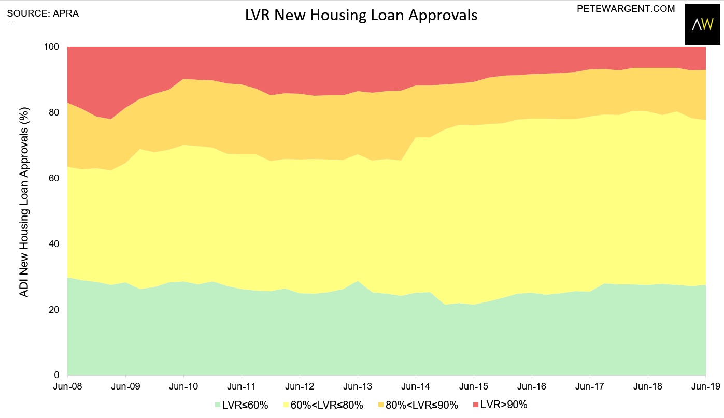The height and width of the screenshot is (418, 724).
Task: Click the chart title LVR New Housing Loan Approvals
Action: click(361, 15)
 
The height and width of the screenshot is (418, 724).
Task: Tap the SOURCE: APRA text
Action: click(43, 13)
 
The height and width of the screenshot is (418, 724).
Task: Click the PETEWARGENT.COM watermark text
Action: click(626, 9)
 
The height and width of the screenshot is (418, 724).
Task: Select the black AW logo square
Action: click(703, 24)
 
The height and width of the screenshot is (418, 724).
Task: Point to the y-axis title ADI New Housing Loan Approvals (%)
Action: click(24, 202)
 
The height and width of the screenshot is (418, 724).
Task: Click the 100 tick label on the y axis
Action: click(52, 47)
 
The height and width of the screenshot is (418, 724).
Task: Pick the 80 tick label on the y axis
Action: click(54, 112)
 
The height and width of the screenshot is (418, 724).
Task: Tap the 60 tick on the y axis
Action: click(54, 178)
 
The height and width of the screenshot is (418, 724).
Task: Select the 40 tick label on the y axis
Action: click(54, 244)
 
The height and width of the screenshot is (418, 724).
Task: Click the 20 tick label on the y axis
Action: click(54, 309)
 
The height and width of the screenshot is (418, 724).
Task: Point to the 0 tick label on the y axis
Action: click(57, 375)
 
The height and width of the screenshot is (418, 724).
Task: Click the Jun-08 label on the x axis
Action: click(67, 386)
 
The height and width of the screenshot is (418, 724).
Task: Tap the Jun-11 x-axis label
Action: click(242, 386)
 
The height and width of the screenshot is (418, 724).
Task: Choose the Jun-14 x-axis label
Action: click(416, 386)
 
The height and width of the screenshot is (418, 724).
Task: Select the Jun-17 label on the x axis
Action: click(590, 386)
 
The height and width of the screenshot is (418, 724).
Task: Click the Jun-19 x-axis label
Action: click(705, 386)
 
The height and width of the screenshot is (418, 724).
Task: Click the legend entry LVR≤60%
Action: click(242, 405)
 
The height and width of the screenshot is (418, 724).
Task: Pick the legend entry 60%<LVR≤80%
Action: click(323, 405)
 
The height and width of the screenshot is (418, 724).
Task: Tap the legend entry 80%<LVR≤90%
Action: click(418, 405)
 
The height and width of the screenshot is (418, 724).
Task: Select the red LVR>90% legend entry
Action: click(500, 405)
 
